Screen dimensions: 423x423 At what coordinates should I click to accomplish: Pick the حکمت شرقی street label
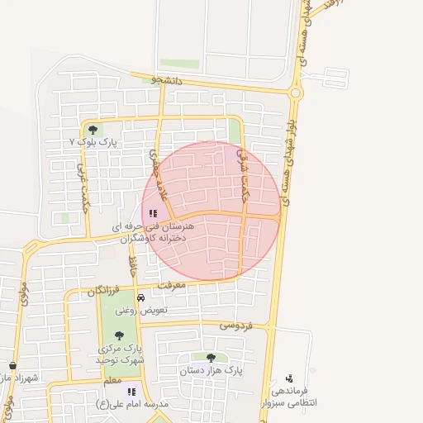pyautogui.click(x=242, y=169)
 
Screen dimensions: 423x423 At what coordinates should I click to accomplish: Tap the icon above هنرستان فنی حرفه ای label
pyautogui.click(x=152, y=214)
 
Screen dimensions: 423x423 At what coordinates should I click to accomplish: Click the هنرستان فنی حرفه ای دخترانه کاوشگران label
pyautogui.click(x=153, y=231)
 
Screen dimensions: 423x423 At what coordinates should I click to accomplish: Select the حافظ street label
pyautogui.click(x=132, y=266)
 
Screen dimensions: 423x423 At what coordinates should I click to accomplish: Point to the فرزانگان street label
pyautogui.click(x=104, y=291)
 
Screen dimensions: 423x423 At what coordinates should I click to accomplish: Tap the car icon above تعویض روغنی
pyautogui.click(x=140, y=297)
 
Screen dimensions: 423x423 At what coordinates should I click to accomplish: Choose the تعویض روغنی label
pyautogui.click(x=141, y=310)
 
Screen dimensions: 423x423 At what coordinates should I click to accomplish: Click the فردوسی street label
pyautogui.click(x=236, y=326)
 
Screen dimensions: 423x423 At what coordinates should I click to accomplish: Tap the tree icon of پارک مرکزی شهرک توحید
pyautogui.click(x=119, y=335)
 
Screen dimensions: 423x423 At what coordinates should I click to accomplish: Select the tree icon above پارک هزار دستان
pyautogui.click(x=211, y=358)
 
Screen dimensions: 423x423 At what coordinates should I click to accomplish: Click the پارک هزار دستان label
pyautogui.click(x=211, y=372)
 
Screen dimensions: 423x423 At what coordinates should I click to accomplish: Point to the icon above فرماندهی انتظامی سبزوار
pyautogui.click(x=288, y=377)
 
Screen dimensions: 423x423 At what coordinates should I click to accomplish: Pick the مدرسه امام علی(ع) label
pyautogui.click(x=132, y=404)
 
